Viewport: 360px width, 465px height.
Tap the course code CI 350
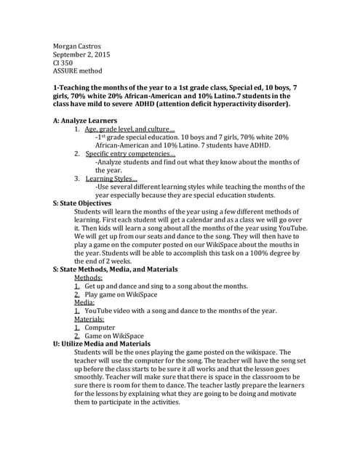[63, 64]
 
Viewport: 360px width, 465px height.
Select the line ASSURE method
[78, 73]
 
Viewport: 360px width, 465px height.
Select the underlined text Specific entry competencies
[128, 153]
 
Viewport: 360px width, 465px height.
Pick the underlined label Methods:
[89, 278]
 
